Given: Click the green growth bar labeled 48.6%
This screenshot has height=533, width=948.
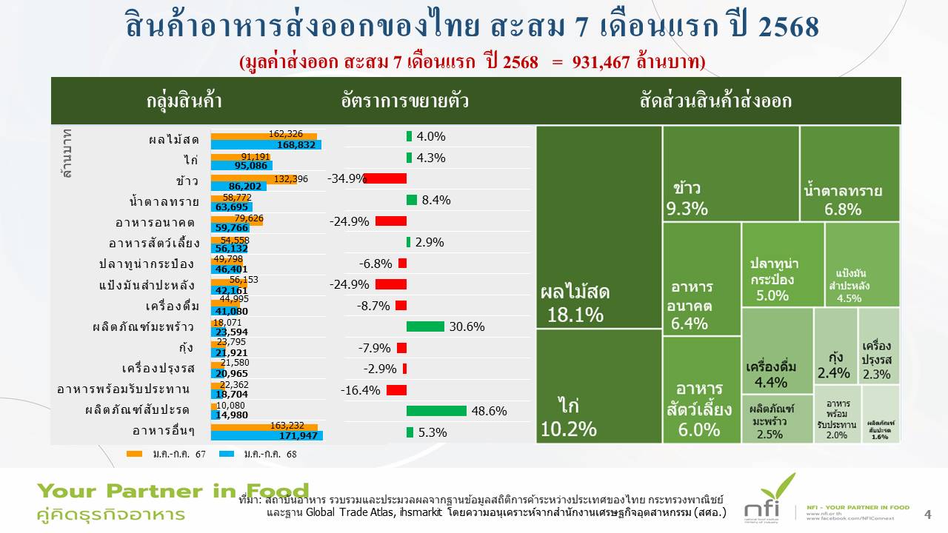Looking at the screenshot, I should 436,411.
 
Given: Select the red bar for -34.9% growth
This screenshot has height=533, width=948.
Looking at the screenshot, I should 385,178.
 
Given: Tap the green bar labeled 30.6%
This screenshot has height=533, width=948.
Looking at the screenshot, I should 425,326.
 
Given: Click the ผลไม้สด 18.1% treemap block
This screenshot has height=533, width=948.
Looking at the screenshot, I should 598,227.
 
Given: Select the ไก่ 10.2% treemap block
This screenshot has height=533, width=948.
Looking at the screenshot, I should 598,386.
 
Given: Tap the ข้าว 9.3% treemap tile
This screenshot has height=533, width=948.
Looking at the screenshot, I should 730,174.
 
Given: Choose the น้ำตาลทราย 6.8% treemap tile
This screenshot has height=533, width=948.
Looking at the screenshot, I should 849,174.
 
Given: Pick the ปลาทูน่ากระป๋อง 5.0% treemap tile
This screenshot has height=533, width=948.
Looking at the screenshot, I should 782,264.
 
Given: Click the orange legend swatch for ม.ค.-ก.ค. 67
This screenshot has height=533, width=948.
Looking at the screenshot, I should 134,454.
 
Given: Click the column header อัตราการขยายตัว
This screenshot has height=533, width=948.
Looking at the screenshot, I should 405,101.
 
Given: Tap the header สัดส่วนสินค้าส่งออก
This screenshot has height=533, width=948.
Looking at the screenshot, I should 715,101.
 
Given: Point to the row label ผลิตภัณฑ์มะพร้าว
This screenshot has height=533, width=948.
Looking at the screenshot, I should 133,326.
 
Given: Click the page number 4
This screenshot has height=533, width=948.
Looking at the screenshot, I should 928,514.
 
